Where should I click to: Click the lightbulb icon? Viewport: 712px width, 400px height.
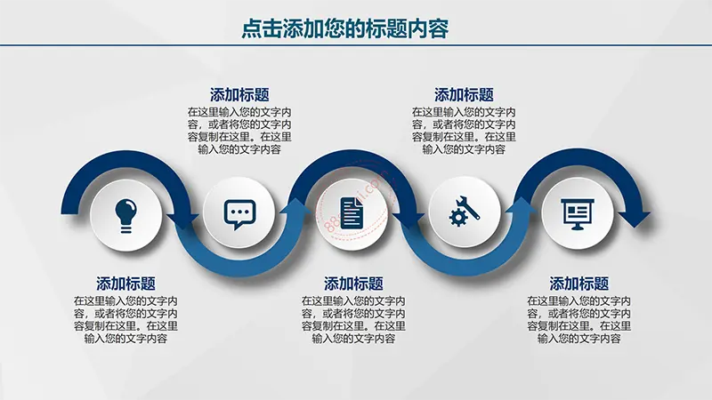tap(125, 215)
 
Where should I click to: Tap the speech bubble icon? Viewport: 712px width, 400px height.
tap(239, 214)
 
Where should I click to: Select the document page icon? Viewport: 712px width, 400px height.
tap(352, 212)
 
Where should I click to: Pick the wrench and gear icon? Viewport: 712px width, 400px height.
tap(464, 211)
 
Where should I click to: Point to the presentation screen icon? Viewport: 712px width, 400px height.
tap(578, 214)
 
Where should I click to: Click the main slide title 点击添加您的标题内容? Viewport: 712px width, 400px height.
tap(345, 28)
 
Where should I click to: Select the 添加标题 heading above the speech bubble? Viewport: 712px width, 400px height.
tap(239, 95)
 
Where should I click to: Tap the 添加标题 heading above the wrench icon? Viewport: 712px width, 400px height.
tap(464, 95)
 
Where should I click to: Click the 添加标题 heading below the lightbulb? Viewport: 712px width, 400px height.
tap(125, 284)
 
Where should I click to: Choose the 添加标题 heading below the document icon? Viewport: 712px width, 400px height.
tap(353, 284)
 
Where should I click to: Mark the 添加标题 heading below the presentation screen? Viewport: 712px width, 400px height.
tap(579, 284)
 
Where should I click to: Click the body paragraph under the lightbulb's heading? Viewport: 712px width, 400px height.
tap(125, 320)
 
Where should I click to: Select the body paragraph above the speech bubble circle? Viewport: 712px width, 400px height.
tap(239, 131)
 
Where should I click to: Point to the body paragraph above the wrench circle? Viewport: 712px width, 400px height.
tap(464, 131)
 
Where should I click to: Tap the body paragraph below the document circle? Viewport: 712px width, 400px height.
tap(353, 320)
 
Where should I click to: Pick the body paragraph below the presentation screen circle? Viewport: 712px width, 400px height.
tap(579, 320)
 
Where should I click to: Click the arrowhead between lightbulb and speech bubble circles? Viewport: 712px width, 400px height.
tap(182, 220)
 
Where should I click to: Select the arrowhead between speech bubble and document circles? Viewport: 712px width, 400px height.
tap(296, 206)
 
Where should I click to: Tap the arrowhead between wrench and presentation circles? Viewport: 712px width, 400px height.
tap(522, 205)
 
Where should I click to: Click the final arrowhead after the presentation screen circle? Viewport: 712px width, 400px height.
tap(634, 219)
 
